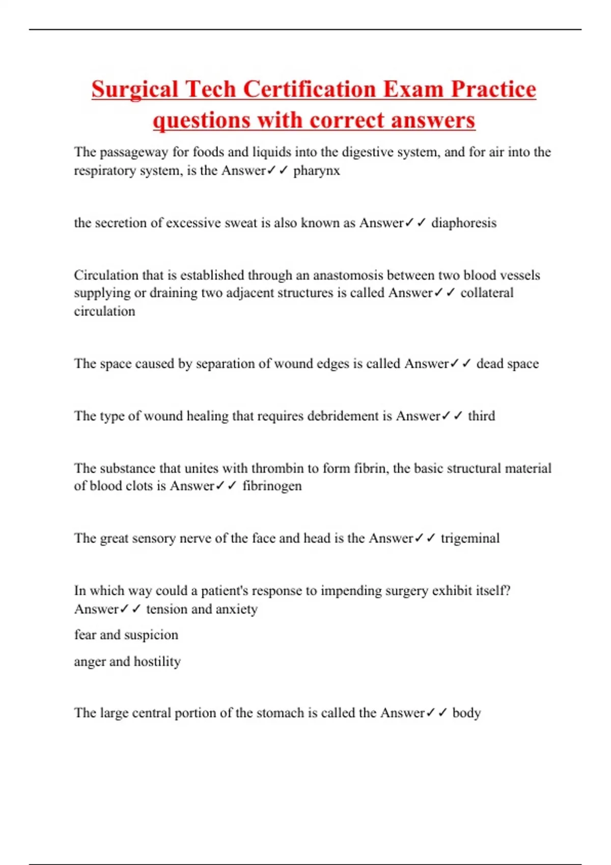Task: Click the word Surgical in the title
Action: pyautogui.click(x=135, y=90)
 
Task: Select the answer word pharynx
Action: pyautogui.click(x=316, y=170)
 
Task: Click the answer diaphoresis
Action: pyautogui.click(x=463, y=223)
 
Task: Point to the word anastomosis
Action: pyautogui.click(x=347, y=275)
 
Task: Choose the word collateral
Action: pyautogui.click(x=487, y=293)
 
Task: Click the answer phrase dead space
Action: pyautogui.click(x=507, y=364)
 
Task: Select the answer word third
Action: pyautogui.click(x=481, y=416)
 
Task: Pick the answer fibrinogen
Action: pyautogui.click(x=272, y=486)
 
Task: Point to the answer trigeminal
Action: pyautogui.click(x=470, y=538)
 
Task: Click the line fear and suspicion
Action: pyautogui.click(x=126, y=635)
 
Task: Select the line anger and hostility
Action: pyautogui.click(x=127, y=661)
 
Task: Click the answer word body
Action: pyautogui.click(x=466, y=713)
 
